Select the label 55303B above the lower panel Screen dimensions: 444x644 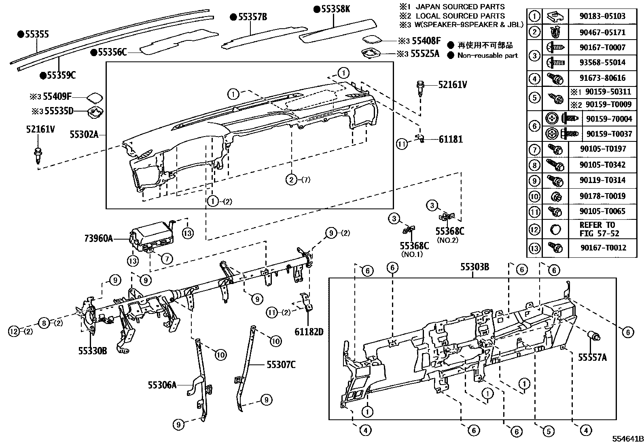(475, 267)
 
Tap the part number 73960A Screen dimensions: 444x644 (98, 238)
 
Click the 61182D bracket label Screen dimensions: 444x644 (309, 332)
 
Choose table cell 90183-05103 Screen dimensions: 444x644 (602, 16)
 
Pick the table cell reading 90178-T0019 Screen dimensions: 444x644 (602, 196)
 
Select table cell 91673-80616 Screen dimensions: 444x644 (602, 78)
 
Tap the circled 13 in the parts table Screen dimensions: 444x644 (534, 248)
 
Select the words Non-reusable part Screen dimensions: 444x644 (487, 55)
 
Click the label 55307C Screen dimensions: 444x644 (281, 365)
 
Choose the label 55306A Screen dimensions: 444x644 (162, 385)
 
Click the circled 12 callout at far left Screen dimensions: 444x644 (14, 332)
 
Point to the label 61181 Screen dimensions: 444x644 (451, 139)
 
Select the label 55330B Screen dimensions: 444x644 (93, 351)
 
